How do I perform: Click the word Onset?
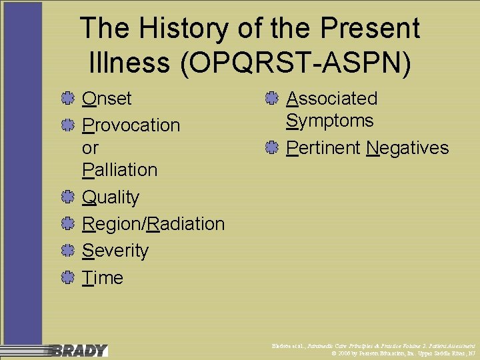click(107, 99)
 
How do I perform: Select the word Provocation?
click(131, 125)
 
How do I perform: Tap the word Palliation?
click(119, 170)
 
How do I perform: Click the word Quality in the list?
click(111, 198)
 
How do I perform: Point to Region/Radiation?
click(153, 224)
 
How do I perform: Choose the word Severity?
click(115, 251)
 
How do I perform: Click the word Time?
click(103, 277)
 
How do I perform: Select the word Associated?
click(331, 99)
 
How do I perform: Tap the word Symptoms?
click(329, 121)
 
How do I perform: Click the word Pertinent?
click(323, 148)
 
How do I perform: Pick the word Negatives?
click(408, 148)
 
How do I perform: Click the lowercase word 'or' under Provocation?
click(90, 147)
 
